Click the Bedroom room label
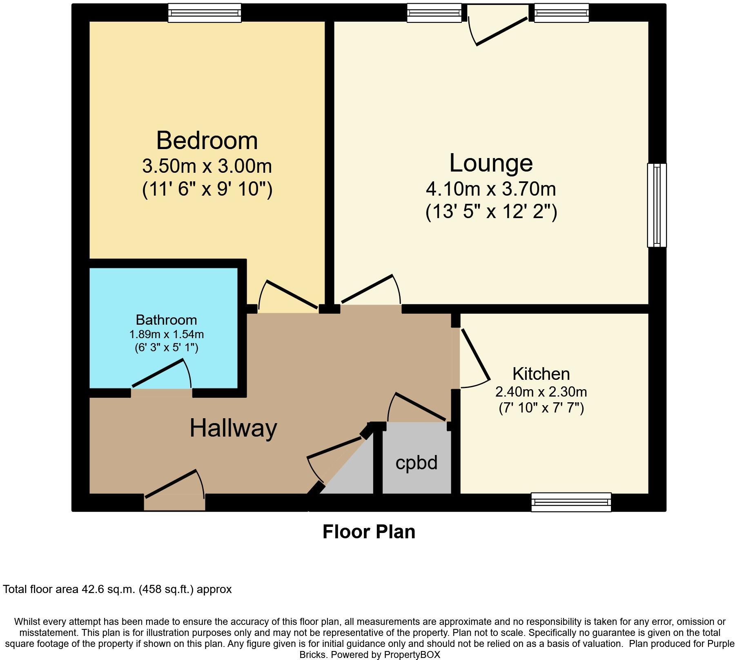point(207,140)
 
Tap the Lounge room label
point(491,163)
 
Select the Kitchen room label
point(541,374)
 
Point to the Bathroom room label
point(166,319)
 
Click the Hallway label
point(233,428)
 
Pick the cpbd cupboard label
point(416,463)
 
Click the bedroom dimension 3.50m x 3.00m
point(207,166)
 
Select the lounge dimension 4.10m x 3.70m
point(491,189)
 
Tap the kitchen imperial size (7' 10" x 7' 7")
point(541,408)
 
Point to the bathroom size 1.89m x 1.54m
point(166,334)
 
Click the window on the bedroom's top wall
point(205,13)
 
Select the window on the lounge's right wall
point(657,205)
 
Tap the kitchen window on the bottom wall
point(571,502)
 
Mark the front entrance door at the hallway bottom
point(175,490)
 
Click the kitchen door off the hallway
point(474,359)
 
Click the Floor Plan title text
point(369,532)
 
